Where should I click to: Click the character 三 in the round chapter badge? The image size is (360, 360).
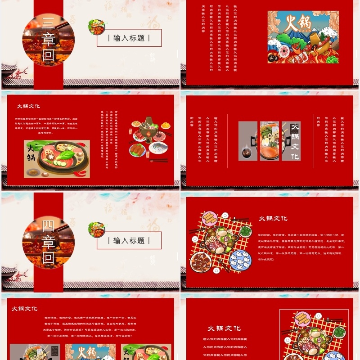[48, 24]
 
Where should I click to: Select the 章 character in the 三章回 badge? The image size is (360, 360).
[48, 40]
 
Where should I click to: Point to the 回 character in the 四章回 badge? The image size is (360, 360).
[48, 258]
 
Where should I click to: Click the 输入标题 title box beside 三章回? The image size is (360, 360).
[129, 38]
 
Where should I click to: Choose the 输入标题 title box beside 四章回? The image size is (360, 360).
[129, 240]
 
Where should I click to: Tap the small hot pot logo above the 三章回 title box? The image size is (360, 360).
[96, 27]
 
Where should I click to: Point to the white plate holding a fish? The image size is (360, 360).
[157, 147]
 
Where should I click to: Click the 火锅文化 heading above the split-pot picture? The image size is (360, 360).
[28, 106]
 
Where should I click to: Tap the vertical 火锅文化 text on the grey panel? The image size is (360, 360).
[295, 141]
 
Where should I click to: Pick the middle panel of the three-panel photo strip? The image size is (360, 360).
[269, 141]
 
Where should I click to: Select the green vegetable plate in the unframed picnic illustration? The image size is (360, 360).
[245, 231]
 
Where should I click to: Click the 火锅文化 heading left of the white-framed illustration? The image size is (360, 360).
[224, 328]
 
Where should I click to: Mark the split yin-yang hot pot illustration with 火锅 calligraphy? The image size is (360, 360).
[57, 158]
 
